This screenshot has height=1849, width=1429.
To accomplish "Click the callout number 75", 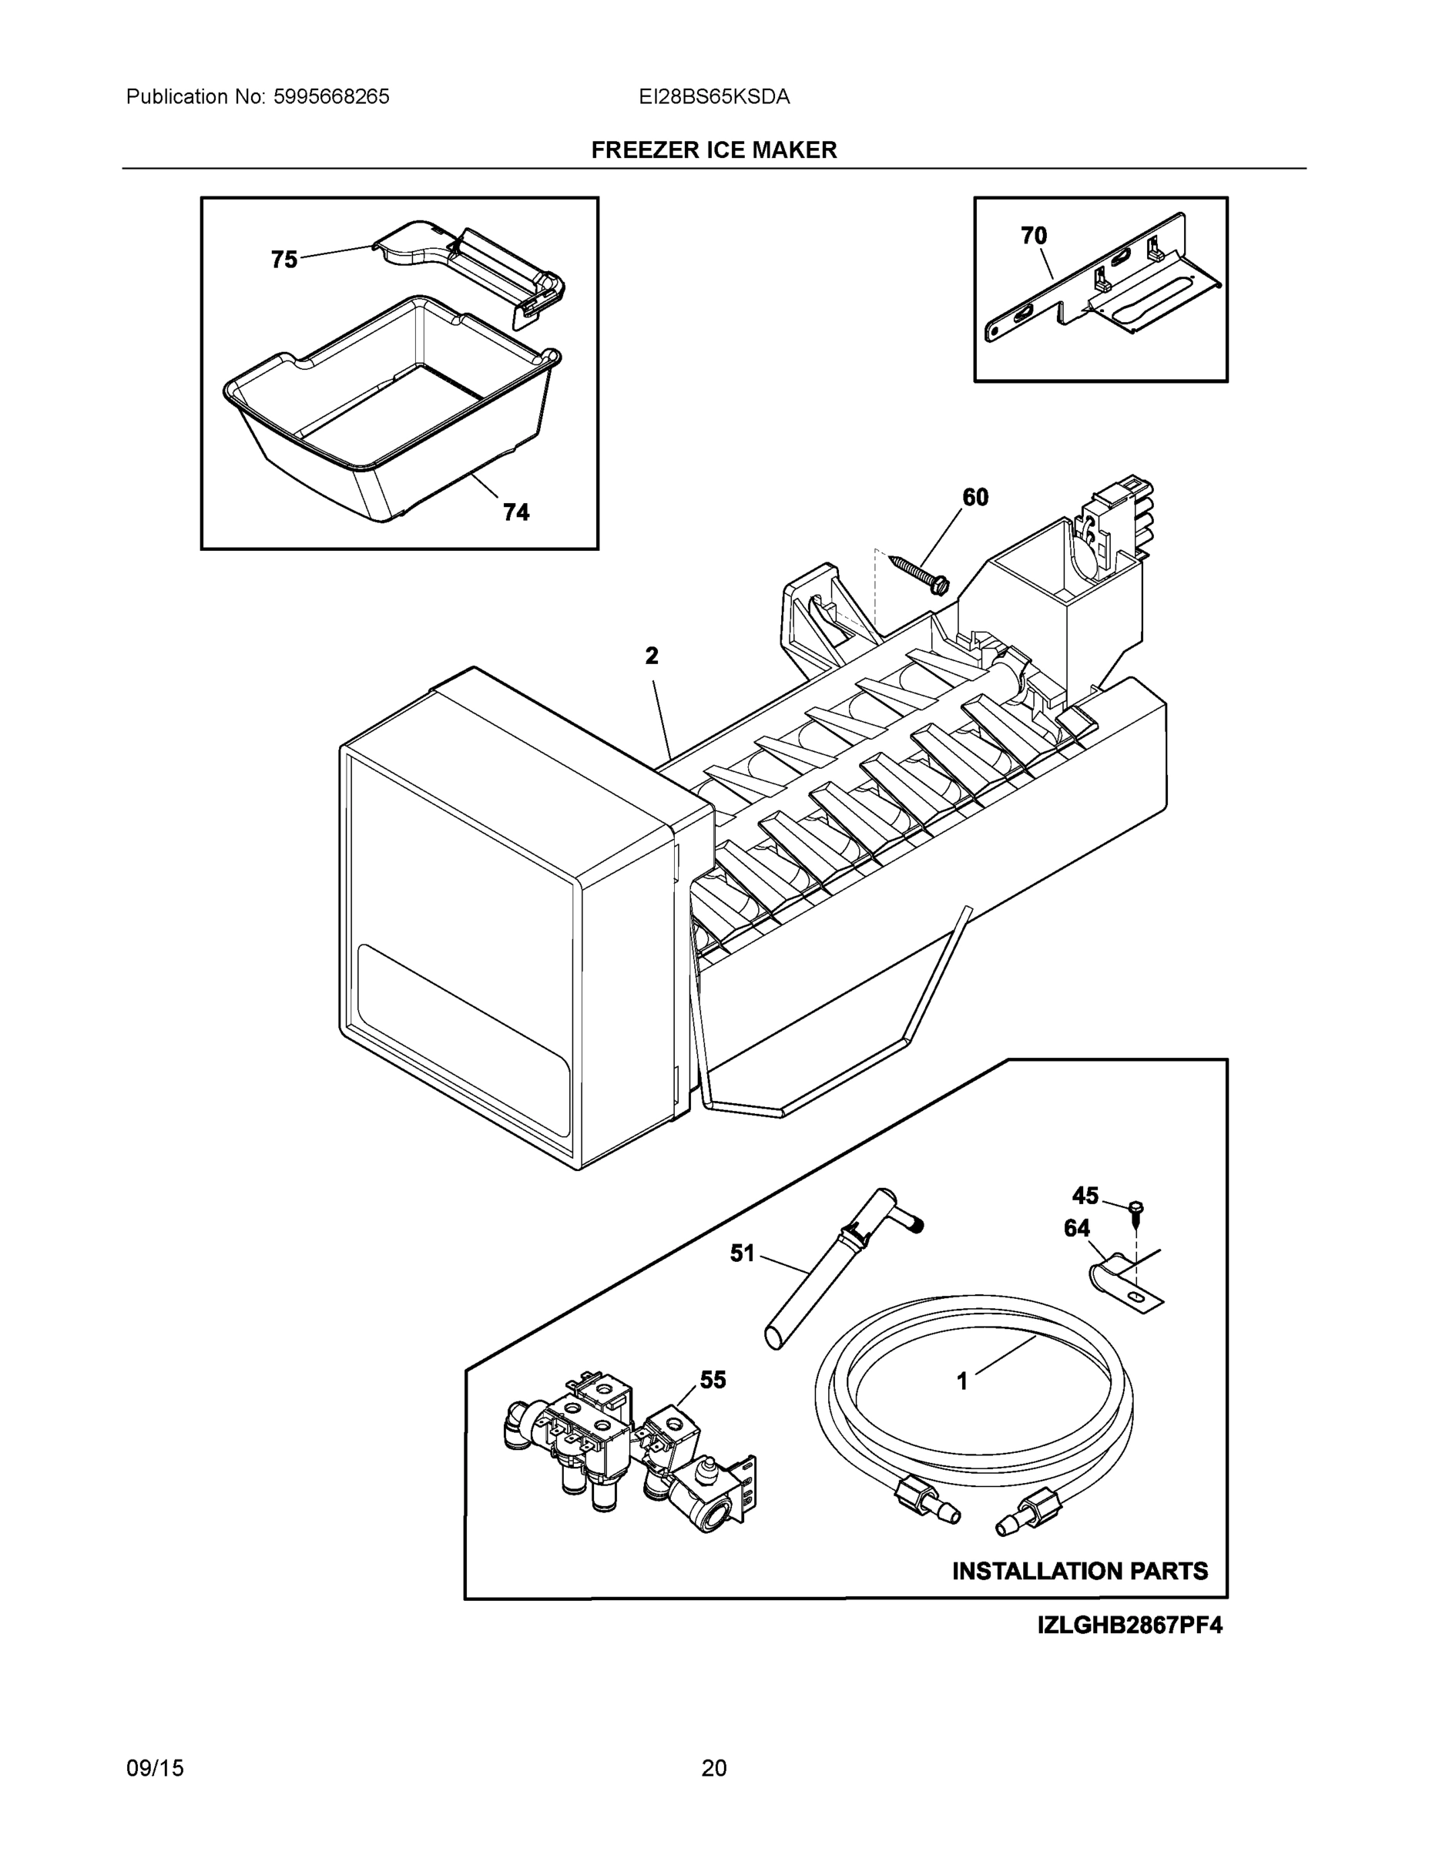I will tap(283, 259).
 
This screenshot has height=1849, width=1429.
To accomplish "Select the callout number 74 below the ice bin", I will tap(515, 512).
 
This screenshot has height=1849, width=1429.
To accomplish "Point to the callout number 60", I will tap(975, 498).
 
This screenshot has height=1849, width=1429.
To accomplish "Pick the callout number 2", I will tap(651, 656).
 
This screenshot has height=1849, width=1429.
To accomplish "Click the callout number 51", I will tap(742, 1253).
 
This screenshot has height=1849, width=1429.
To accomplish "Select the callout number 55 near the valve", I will tap(712, 1380).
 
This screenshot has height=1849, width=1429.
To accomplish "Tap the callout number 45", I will tap(1085, 1196).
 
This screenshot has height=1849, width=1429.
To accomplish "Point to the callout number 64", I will tap(1077, 1229).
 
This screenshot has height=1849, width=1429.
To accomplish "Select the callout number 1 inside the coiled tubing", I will tap(961, 1381).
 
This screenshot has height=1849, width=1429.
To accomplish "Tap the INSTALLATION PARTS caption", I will tap(1079, 1570).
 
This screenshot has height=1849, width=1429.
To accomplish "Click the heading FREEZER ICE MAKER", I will tap(713, 150).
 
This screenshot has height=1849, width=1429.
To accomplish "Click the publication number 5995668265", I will tap(331, 96).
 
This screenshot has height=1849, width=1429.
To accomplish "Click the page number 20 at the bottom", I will tap(713, 1768).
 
